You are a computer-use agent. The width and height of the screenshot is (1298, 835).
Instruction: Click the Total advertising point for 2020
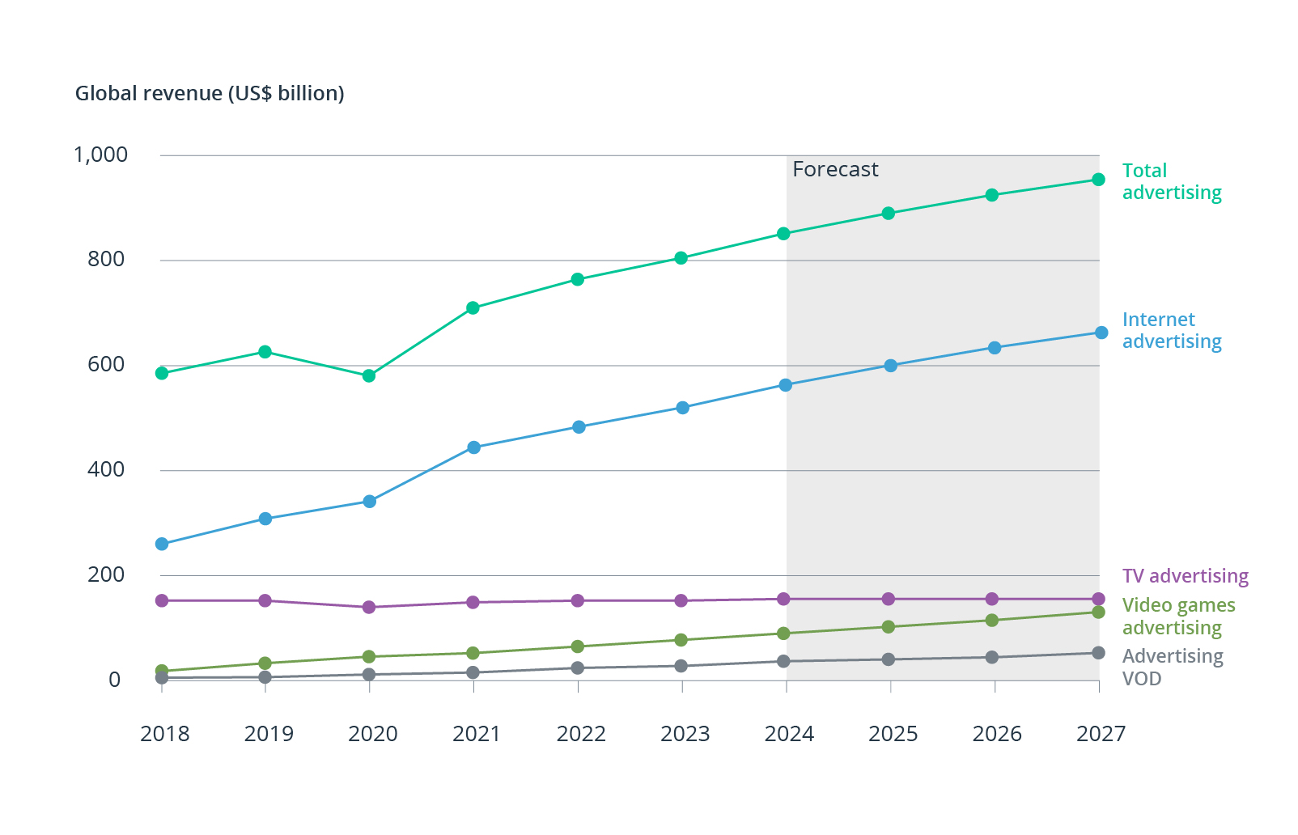[x=369, y=375]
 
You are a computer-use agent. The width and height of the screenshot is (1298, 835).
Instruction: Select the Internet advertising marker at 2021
[x=474, y=447]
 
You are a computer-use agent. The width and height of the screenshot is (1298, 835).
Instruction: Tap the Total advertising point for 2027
[x=1098, y=180]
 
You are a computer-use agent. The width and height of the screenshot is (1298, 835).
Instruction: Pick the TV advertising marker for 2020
[x=369, y=607]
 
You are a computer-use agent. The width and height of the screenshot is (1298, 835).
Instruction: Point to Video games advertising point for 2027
[x=1098, y=612]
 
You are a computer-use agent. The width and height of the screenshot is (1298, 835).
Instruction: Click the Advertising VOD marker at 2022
[x=578, y=668]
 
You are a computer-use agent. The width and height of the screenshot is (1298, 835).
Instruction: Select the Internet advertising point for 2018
[x=162, y=544]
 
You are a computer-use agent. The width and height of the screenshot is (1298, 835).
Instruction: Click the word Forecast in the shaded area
[x=835, y=169]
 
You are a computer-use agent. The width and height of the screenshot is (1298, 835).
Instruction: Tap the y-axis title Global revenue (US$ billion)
[x=210, y=94]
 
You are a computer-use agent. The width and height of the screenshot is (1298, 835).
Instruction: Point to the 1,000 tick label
[x=100, y=155]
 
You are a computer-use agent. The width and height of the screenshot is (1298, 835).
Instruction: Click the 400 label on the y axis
[x=106, y=469]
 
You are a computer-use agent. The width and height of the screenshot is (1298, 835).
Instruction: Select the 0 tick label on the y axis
[x=115, y=680]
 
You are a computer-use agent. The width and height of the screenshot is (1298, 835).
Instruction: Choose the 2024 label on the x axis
[x=789, y=734]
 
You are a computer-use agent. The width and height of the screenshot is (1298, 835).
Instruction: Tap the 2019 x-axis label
[x=269, y=734]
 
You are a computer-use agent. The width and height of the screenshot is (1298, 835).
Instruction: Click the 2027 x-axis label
[x=1101, y=734]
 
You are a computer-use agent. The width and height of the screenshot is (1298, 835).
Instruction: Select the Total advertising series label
[x=1171, y=181]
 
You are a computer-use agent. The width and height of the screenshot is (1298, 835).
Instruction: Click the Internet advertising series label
[x=1171, y=330]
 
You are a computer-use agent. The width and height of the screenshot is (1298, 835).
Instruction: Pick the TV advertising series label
[x=1185, y=576]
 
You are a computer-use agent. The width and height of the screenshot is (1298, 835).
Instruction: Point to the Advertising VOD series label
[x=1172, y=667]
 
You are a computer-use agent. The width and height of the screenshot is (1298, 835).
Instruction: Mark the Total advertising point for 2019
[x=265, y=352]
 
